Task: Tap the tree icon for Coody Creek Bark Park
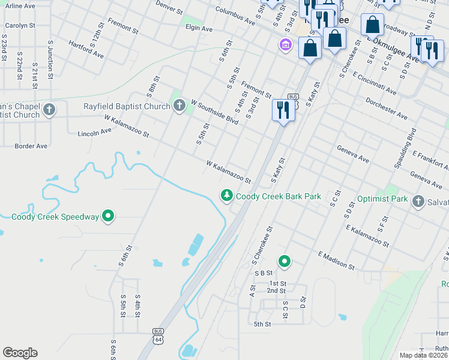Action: point(227,196)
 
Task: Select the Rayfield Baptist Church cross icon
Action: point(179,107)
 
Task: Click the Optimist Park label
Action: point(382,199)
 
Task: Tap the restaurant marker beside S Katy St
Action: point(283,110)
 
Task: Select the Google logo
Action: point(20,353)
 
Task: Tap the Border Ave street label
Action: point(31,146)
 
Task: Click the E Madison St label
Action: point(337,260)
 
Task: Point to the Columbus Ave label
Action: point(235,16)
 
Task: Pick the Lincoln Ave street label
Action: point(95,131)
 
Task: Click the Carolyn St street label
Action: point(21,26)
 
